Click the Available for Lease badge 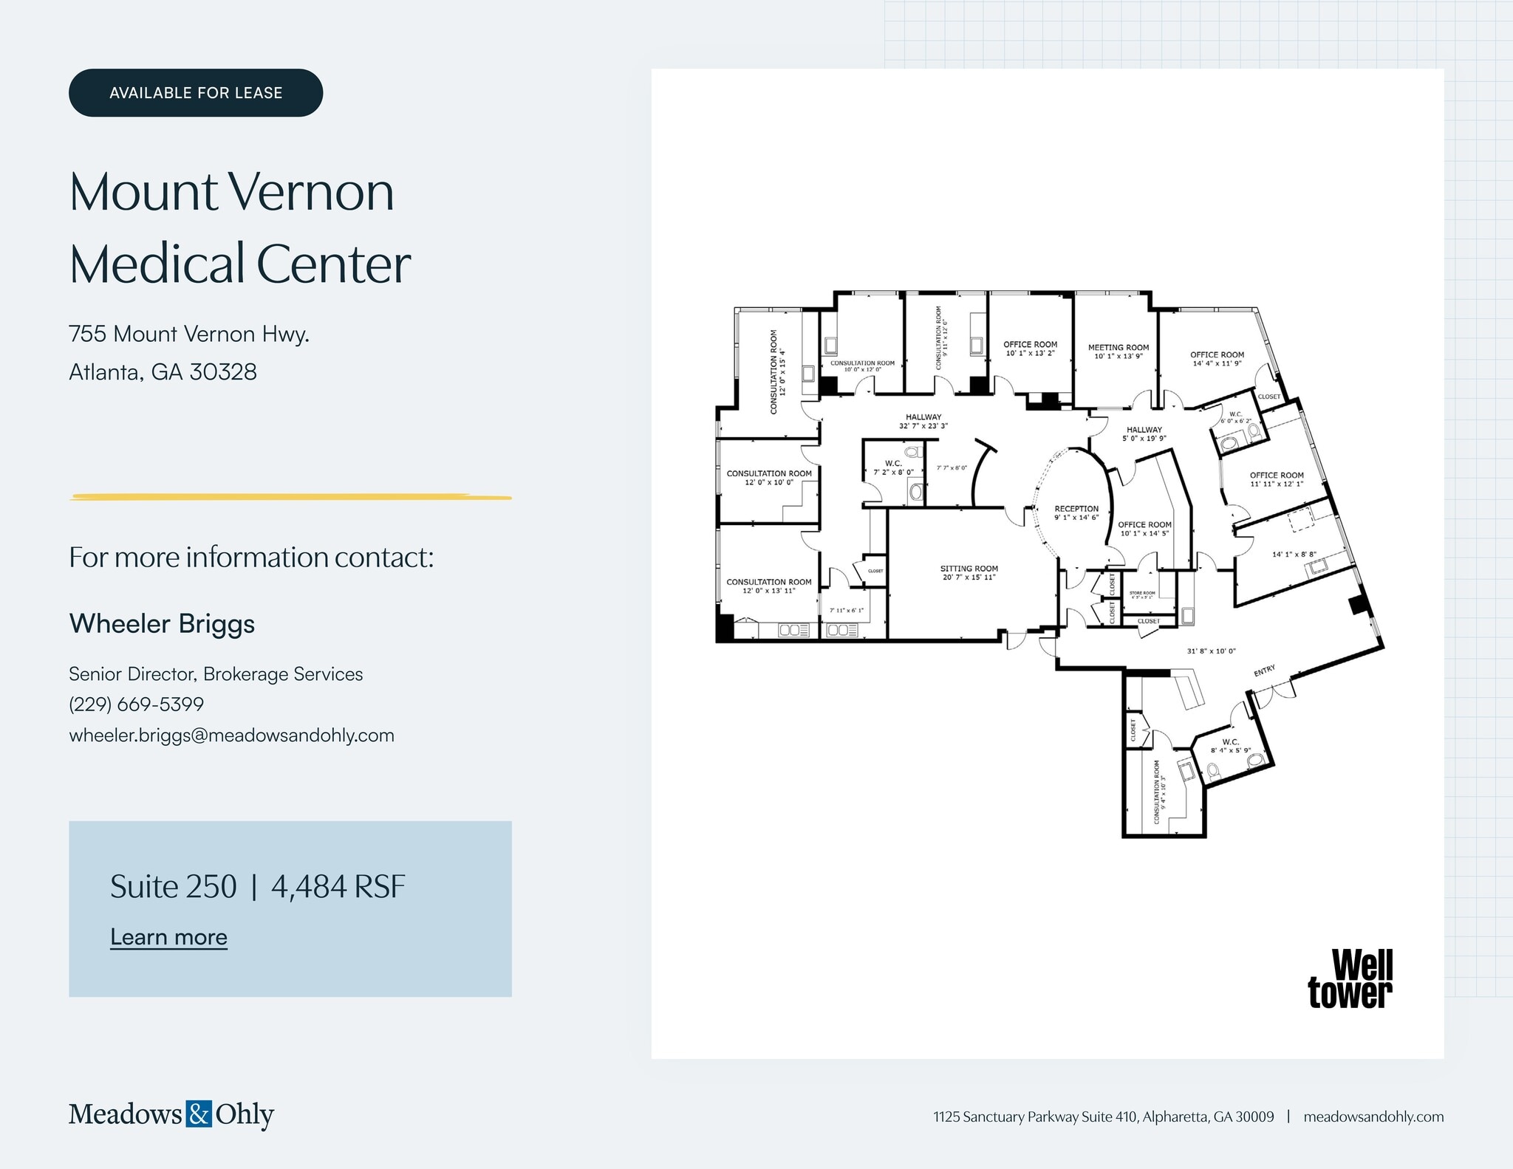(196, 93)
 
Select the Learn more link (168, 936)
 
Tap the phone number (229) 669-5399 (136, 705)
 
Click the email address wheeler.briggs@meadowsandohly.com (231, 736)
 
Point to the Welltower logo (1350, 979)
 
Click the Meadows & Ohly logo (171, 1114)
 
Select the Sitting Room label (969, 572)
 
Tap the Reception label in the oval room (1076, 512)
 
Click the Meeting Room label (1118, 352)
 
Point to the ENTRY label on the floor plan (1264, 671)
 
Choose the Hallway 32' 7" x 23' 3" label (923, 421)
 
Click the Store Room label (1142, 594)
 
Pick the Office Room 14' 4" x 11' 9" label (1217, 359)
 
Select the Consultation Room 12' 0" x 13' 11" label (768, 586)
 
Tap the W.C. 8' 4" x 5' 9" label (1230, 746)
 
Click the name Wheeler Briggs (162, 624)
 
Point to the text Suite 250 (174, 886)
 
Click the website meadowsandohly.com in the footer (1373, 1117)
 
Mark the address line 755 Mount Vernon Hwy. (189, 334)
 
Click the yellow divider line (290, 497)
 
